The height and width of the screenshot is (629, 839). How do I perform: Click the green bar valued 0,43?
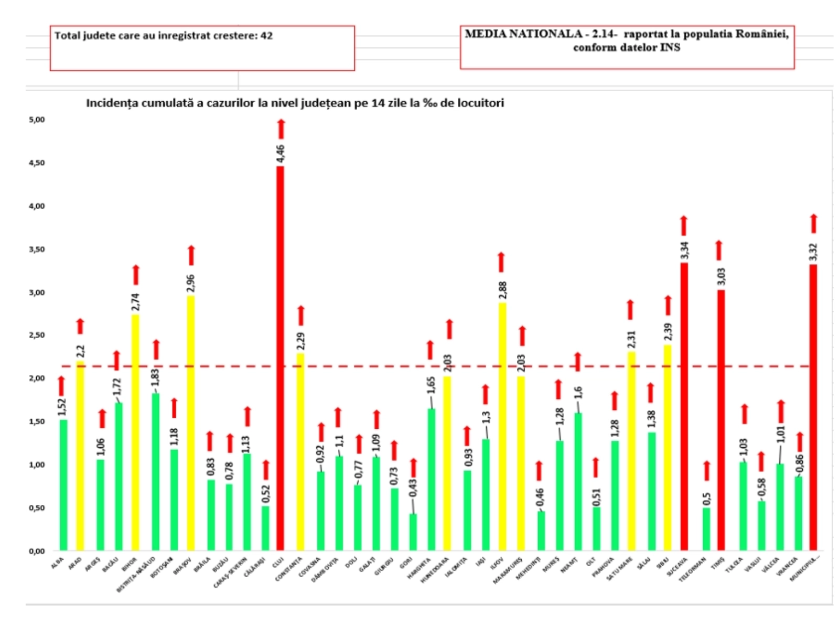(x=413, y=532)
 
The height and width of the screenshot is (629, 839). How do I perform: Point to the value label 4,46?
(x=281, y=153)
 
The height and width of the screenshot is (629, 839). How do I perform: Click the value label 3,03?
(x=721, y=277)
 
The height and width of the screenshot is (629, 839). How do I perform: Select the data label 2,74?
(x=135, y=301)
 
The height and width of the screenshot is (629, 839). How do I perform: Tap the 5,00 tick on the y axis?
(x=37, y=120)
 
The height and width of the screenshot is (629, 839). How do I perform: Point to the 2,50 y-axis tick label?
(x=37, y=335)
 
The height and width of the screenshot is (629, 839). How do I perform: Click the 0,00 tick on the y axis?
(x=37, y=551)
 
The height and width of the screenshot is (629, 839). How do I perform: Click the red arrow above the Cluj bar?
(x=281, y=129)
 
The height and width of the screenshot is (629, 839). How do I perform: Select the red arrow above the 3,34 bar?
(x=684, y=225)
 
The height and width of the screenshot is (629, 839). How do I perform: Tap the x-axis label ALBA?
(x=57, y=563)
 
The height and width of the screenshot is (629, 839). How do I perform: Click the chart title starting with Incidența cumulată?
(x=295, y=103)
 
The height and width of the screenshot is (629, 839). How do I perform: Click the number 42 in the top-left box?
(x=266, y=36)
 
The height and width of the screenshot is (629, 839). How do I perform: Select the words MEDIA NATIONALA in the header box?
(x=523, y=34)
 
